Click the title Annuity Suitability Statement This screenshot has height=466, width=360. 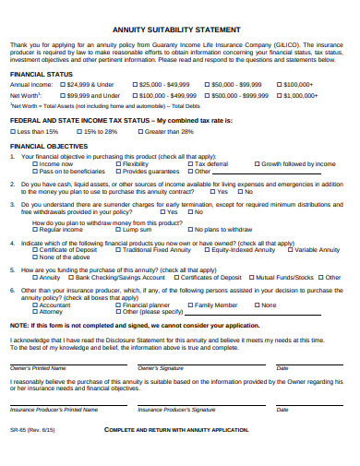coord(179,29)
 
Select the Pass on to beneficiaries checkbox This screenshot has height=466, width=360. coord(35,171)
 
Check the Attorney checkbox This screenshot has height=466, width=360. coord(35,311)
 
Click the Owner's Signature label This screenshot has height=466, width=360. coord(160,367)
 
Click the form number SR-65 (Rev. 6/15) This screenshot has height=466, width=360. coord(31,430)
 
